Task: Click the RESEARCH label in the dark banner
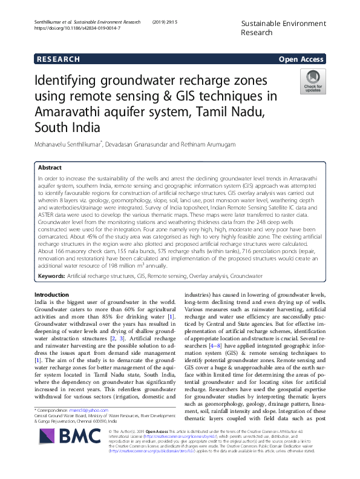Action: click(x=58, y=59)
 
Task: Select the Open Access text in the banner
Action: click(x=301, y=59)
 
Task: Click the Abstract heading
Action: click(x=50, y=167)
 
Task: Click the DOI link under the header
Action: click(x=70, y=28)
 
